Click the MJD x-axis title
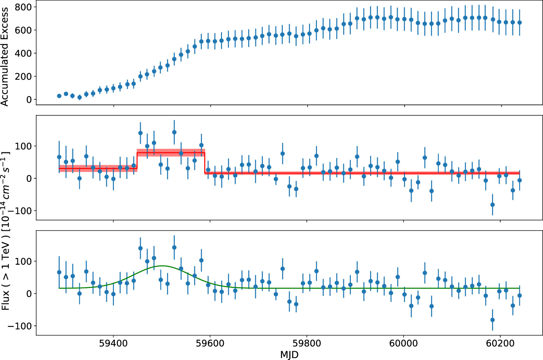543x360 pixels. coord(289,355)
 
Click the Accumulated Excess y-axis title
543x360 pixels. coord(5,57)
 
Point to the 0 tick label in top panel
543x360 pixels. coord(29,100)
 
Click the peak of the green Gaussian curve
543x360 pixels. coord(162,266)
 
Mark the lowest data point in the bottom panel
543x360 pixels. coord(492,320)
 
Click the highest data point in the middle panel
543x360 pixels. coord(174,132)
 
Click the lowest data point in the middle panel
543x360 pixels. coord(492,205)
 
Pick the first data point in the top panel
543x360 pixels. coord(59,96)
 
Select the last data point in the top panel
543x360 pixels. coord(519,23)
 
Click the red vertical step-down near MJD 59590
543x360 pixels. coord(205,163)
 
